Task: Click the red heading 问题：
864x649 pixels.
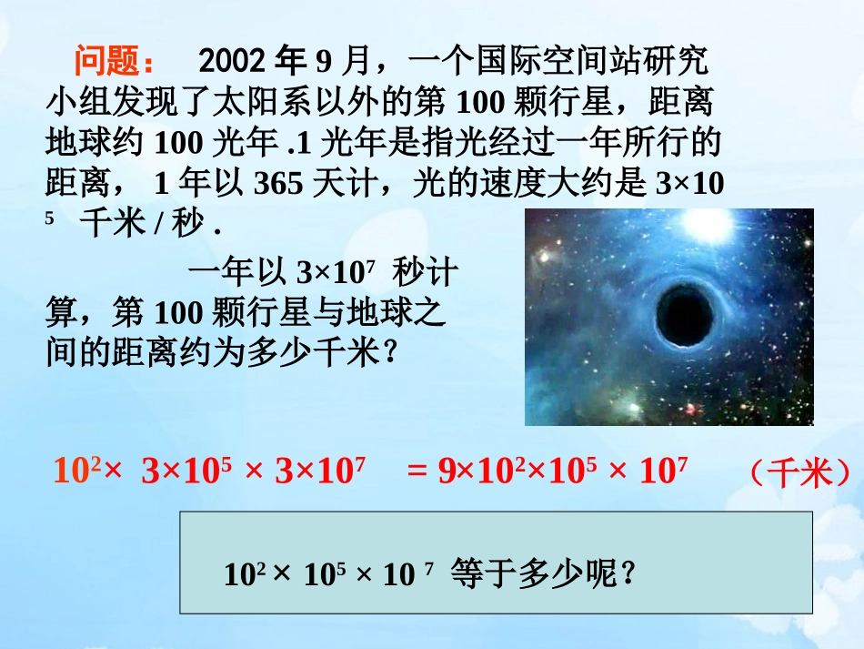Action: [x=116, y=61]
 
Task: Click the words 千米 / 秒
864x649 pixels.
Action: [x=146, y=223]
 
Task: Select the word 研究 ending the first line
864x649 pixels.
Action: [x=676, y=62]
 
